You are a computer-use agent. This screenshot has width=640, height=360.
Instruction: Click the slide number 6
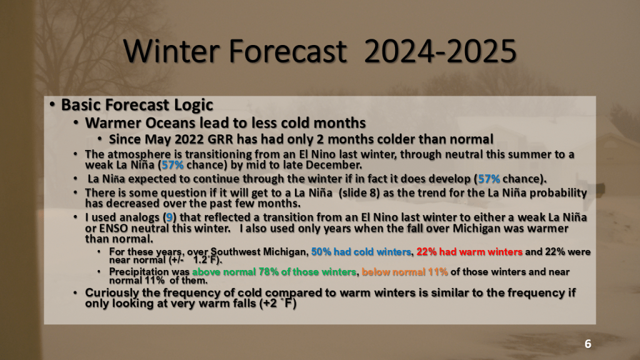pyautogui.click(x=587, y=344)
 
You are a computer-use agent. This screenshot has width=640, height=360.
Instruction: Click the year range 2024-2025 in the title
pyautogui.click(x=440, y=51)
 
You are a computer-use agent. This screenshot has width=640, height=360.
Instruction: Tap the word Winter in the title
pyautogui.click(x=172, y=51)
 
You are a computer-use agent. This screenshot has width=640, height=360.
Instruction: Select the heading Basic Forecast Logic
pyautogui.click(x=137, y=105)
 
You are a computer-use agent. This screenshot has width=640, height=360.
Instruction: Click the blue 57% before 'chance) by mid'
pyautogui.click(x=172, y=165)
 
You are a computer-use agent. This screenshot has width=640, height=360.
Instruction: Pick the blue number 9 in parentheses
pyautogui.click(x=169, y=217)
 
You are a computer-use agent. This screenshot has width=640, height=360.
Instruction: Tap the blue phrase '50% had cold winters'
pyautogui.click(x=361, y=252)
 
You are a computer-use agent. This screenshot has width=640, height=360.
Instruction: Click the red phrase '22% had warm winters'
pyautogui.click(x=469, y=252)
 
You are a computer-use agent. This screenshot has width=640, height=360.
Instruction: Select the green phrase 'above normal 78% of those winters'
pyautogui.click(x=274, y=272)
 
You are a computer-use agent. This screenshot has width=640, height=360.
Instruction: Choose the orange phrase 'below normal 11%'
pyautogui.click(x=404, y=272)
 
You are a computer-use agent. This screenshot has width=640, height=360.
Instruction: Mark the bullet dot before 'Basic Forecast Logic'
pyautogui.click(x=52, y=105)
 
